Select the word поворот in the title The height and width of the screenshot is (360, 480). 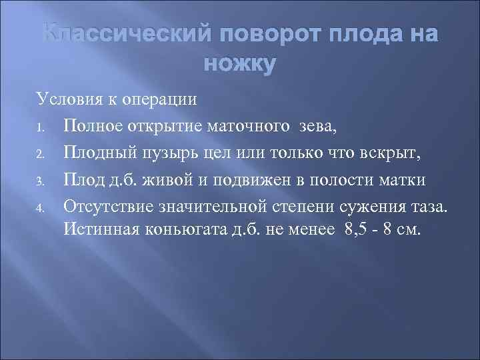click(257, 34)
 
